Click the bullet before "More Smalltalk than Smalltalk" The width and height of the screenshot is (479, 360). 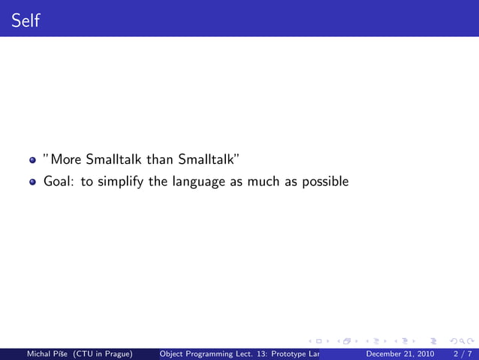pyautogui.click(x=32, y=160)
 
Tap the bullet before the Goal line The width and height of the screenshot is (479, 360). pyautogui.click(x=32, y=182)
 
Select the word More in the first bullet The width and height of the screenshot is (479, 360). pyautogui.click(x=65, y=159)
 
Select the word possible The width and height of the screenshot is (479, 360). pyautogui.click(x=326, y=182)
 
